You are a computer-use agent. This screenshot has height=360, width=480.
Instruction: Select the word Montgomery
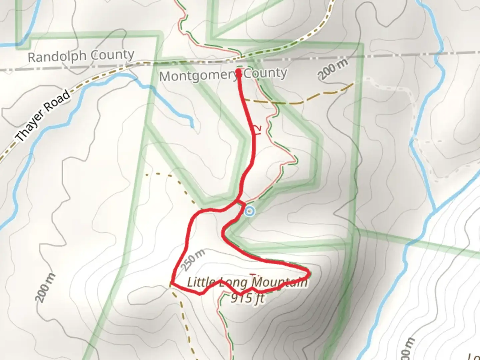(198, 76)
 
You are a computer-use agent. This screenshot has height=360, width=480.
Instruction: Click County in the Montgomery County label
(265, 73)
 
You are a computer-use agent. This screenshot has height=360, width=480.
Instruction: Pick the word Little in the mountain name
(201, 283)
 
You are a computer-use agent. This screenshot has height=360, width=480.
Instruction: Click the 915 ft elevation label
(247, 298)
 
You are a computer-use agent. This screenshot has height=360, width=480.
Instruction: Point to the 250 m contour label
(193, 260)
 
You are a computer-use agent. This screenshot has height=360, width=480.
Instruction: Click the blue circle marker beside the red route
(249, 211)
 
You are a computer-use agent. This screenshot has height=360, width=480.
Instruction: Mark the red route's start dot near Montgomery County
(239, 71)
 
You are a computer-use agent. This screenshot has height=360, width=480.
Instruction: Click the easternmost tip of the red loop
(310, 273)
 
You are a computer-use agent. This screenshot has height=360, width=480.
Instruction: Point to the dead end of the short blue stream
(192, 127)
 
